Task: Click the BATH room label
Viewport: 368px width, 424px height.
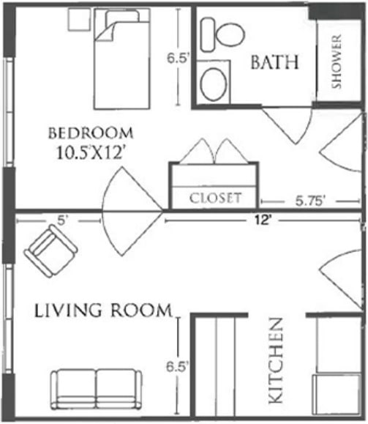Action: [275, 62]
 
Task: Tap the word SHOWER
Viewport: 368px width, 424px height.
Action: [337, 62]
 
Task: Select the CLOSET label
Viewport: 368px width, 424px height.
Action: [215, 198]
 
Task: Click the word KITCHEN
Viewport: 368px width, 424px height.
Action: [276, 361]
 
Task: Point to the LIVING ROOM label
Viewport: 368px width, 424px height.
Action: [103, 310]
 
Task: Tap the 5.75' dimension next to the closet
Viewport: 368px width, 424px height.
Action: [310, 201]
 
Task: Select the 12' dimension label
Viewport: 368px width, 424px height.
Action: [263, 220]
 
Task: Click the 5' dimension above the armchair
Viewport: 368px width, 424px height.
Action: [62, 220]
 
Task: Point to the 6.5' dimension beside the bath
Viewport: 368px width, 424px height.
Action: [177, 58]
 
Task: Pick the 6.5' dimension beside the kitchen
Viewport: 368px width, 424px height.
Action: [177, 367]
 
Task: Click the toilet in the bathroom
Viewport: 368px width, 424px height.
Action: [222, 34]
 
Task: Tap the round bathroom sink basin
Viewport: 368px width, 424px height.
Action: [214, 84]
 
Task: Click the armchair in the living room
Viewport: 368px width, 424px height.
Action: [50, 250]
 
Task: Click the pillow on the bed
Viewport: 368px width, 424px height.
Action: [123, 18]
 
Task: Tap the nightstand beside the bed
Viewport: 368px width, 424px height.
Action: [78, 19]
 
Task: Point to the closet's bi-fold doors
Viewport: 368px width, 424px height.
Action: [214, 151]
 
